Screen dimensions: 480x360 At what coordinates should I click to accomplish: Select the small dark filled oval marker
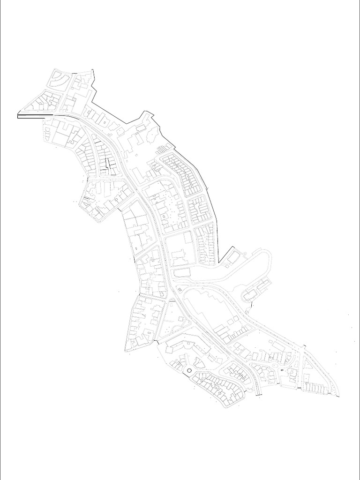(x=281, y=370)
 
